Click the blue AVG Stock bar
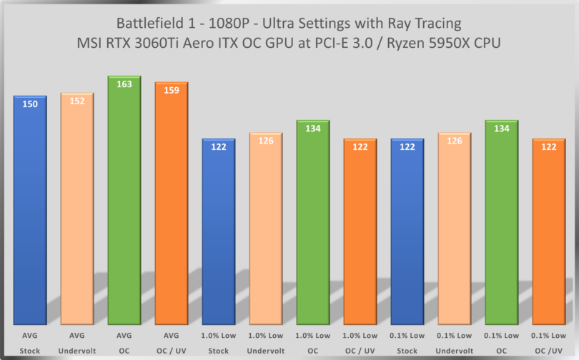pos(29,214)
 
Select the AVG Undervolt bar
pos(76,214)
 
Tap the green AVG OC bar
pos(124,207)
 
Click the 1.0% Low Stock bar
pos(219,236)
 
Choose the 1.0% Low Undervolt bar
pos(266,236)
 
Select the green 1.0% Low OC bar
pos(313,229)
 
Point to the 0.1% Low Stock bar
pos(407,236)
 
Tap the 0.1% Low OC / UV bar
pos(549,236)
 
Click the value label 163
pos(124,84)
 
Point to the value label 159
pos(172,91)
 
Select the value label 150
pos(29,104)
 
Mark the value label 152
pos(76,101)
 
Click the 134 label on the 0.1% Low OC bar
pos(502,129)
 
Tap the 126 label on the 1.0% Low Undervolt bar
pos(266,141)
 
